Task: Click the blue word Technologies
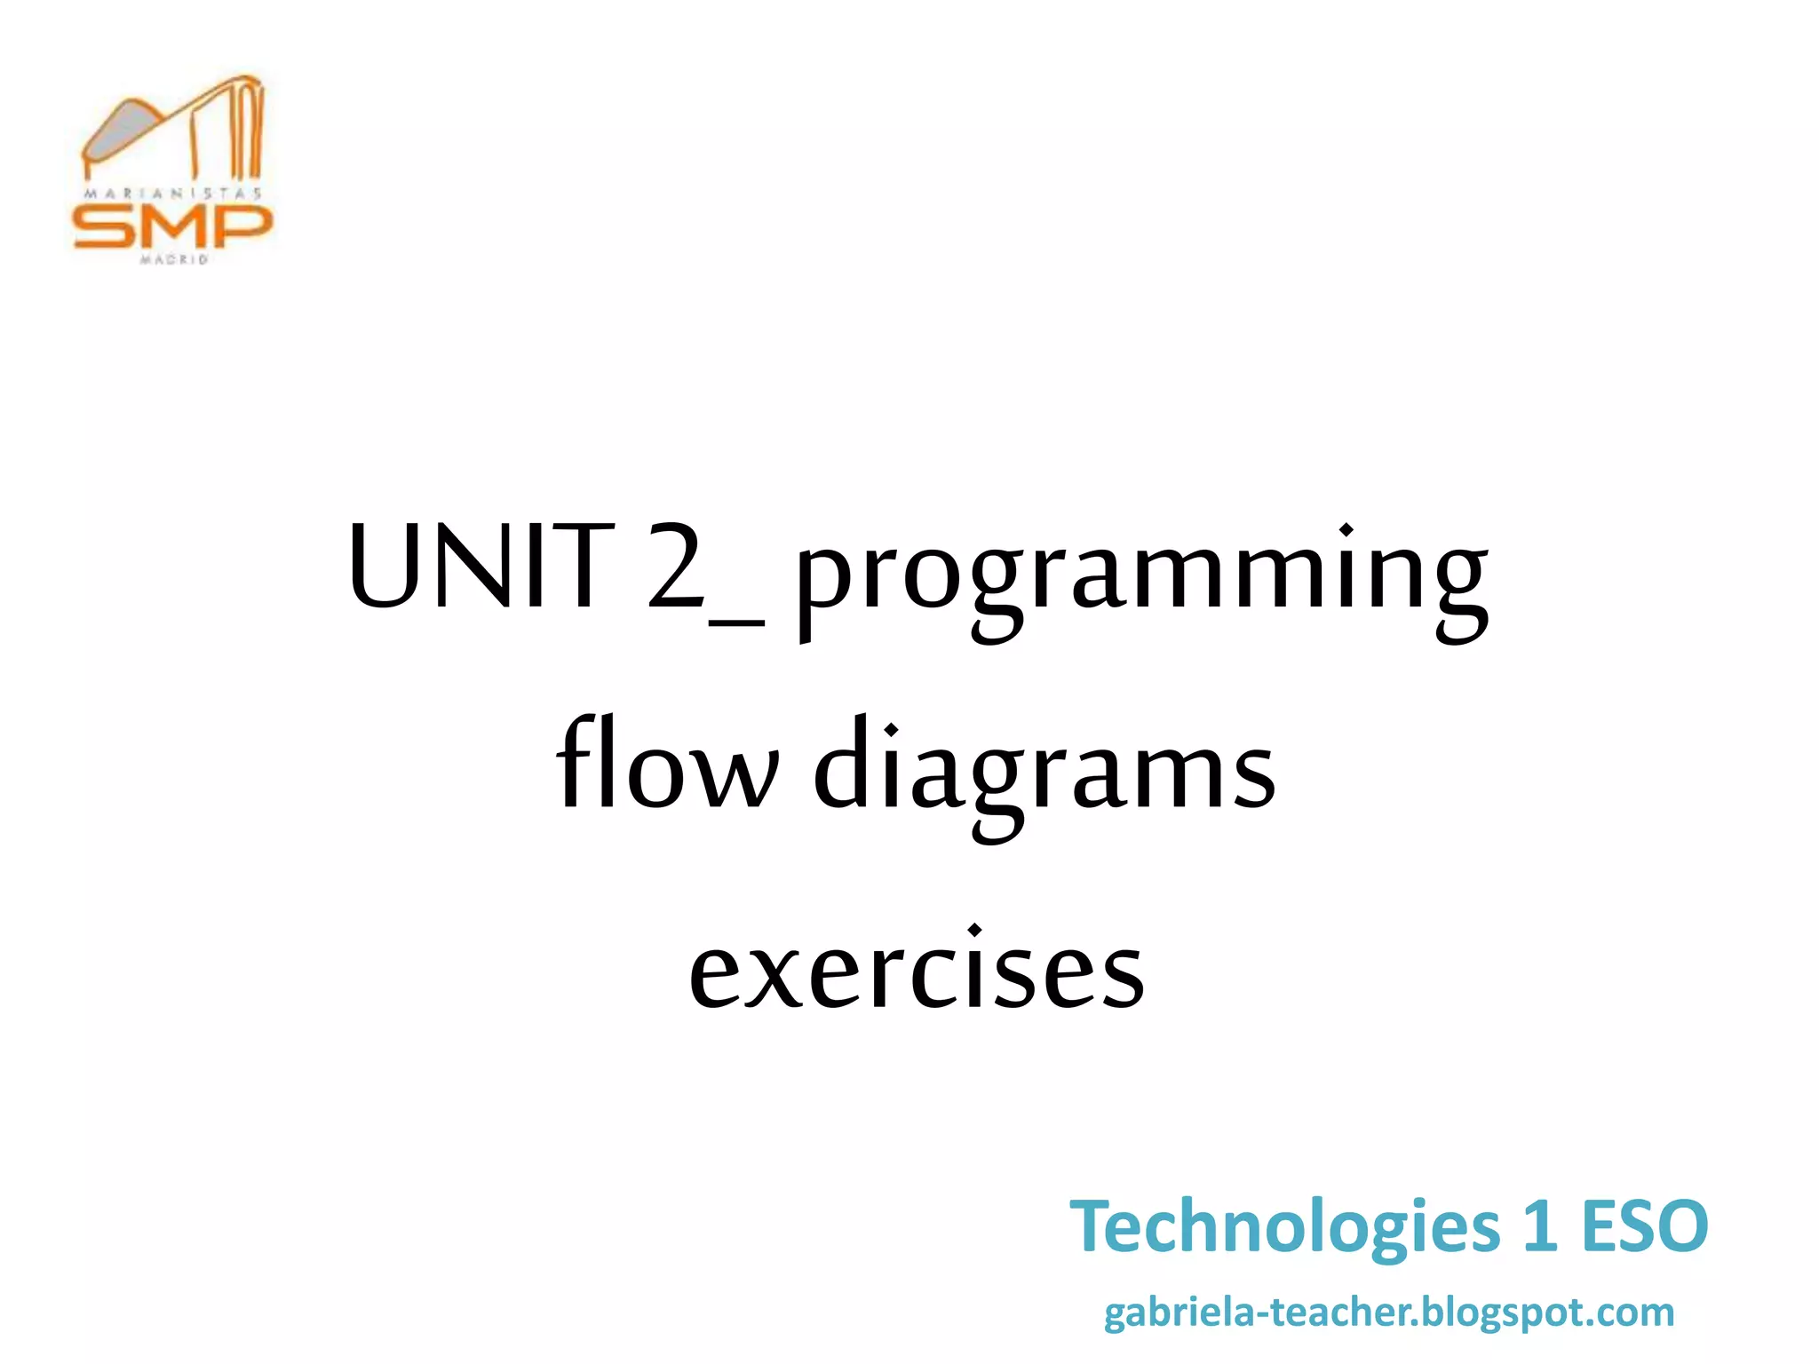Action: tap(1284, 1228)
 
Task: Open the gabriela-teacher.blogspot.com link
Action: tap(1389, 1312)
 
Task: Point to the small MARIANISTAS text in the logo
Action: tap(172, 193)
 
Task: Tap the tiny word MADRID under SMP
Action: tap(173, 259)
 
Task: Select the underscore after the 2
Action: tap(737, 623)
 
